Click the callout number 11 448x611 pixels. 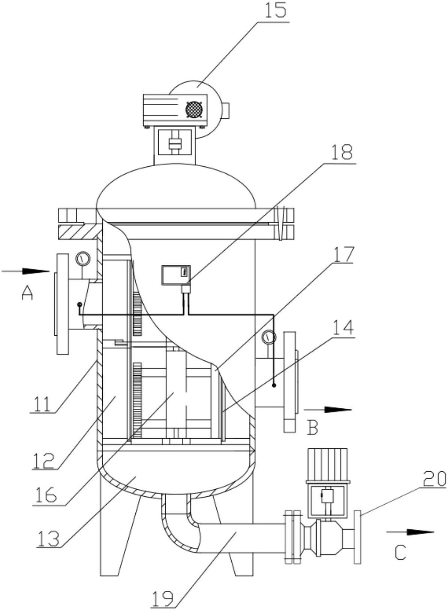[x=42, y=403]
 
